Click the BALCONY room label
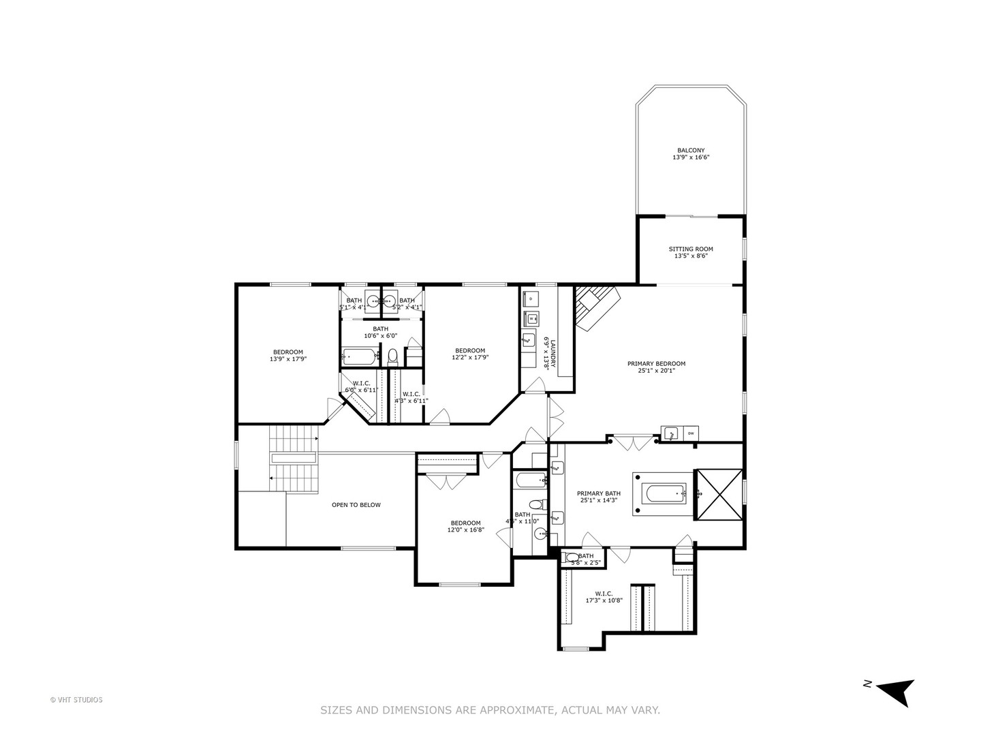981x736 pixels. click(690, 151)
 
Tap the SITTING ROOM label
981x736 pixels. click(690, 249)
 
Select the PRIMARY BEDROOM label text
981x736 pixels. click(656, 363)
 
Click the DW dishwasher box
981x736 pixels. click(690, 433)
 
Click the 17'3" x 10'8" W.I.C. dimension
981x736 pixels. click(604, 600)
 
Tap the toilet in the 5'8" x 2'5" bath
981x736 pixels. click(572, 557)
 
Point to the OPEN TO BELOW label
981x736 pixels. click(356, 505)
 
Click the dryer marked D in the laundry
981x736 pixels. click(531, 298)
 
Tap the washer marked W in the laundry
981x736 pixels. click(531, 317)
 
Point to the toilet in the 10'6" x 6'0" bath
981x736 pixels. click(392, 356)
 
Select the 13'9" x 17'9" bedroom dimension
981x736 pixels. click(288, 358)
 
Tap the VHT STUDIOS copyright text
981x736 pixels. click(76, 699)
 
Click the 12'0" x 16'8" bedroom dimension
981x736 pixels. click(465, 530)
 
